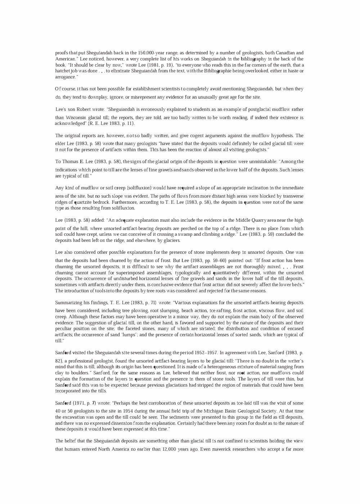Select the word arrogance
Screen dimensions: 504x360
(65, 77)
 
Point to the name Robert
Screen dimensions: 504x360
(89, 109)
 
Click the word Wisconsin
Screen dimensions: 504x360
(75, 118)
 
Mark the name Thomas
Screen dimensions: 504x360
(70, 162)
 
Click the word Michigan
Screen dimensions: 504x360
(203, 411)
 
